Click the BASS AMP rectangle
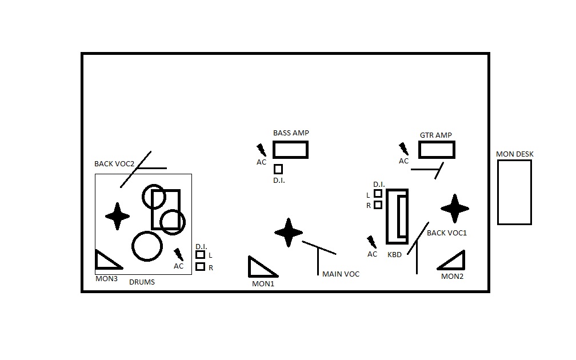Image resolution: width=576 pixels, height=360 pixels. pyautogui.click(x=290, y=150)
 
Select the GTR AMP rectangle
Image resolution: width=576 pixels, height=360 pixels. pyautogui.click(x=437, y=150)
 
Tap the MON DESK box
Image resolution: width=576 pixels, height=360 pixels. pyautogui.click(x=514, y=192)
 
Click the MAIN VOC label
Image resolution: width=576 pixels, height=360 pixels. pyautogui.click(x=341, y=274)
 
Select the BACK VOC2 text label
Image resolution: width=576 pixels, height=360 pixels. pyautogui.click(x=114, y=164)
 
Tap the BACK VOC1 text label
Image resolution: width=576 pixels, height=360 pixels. pyautogui.click(x=447, y=233)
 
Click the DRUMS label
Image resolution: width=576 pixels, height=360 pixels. pyautogui.click(x=142, y=282)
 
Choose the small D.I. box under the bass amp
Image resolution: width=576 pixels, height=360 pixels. pyautogui.click(x=278, y=169)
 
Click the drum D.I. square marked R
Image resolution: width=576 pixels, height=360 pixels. pyautogui.click(x=200, y=266)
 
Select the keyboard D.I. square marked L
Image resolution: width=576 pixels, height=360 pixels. pyautogui.click(x=378, y=194)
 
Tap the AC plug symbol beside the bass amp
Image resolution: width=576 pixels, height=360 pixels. pyautogui.click(x=262, y=150)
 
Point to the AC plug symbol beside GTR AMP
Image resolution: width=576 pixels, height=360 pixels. pyautogui.click(x=404, y=149)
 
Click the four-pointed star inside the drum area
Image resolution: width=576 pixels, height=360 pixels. pyautogui.click(x=118, y=216)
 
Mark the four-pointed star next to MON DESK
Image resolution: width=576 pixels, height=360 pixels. pyautogui.click(x=455, y=209)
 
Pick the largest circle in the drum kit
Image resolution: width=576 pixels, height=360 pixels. pyautogui.click(x=147, y=246)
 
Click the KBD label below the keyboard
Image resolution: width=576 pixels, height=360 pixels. pyautogui.click(x=394, y=254)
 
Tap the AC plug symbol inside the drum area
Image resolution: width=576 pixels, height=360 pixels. pyautogui.click(x=179, y=254)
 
